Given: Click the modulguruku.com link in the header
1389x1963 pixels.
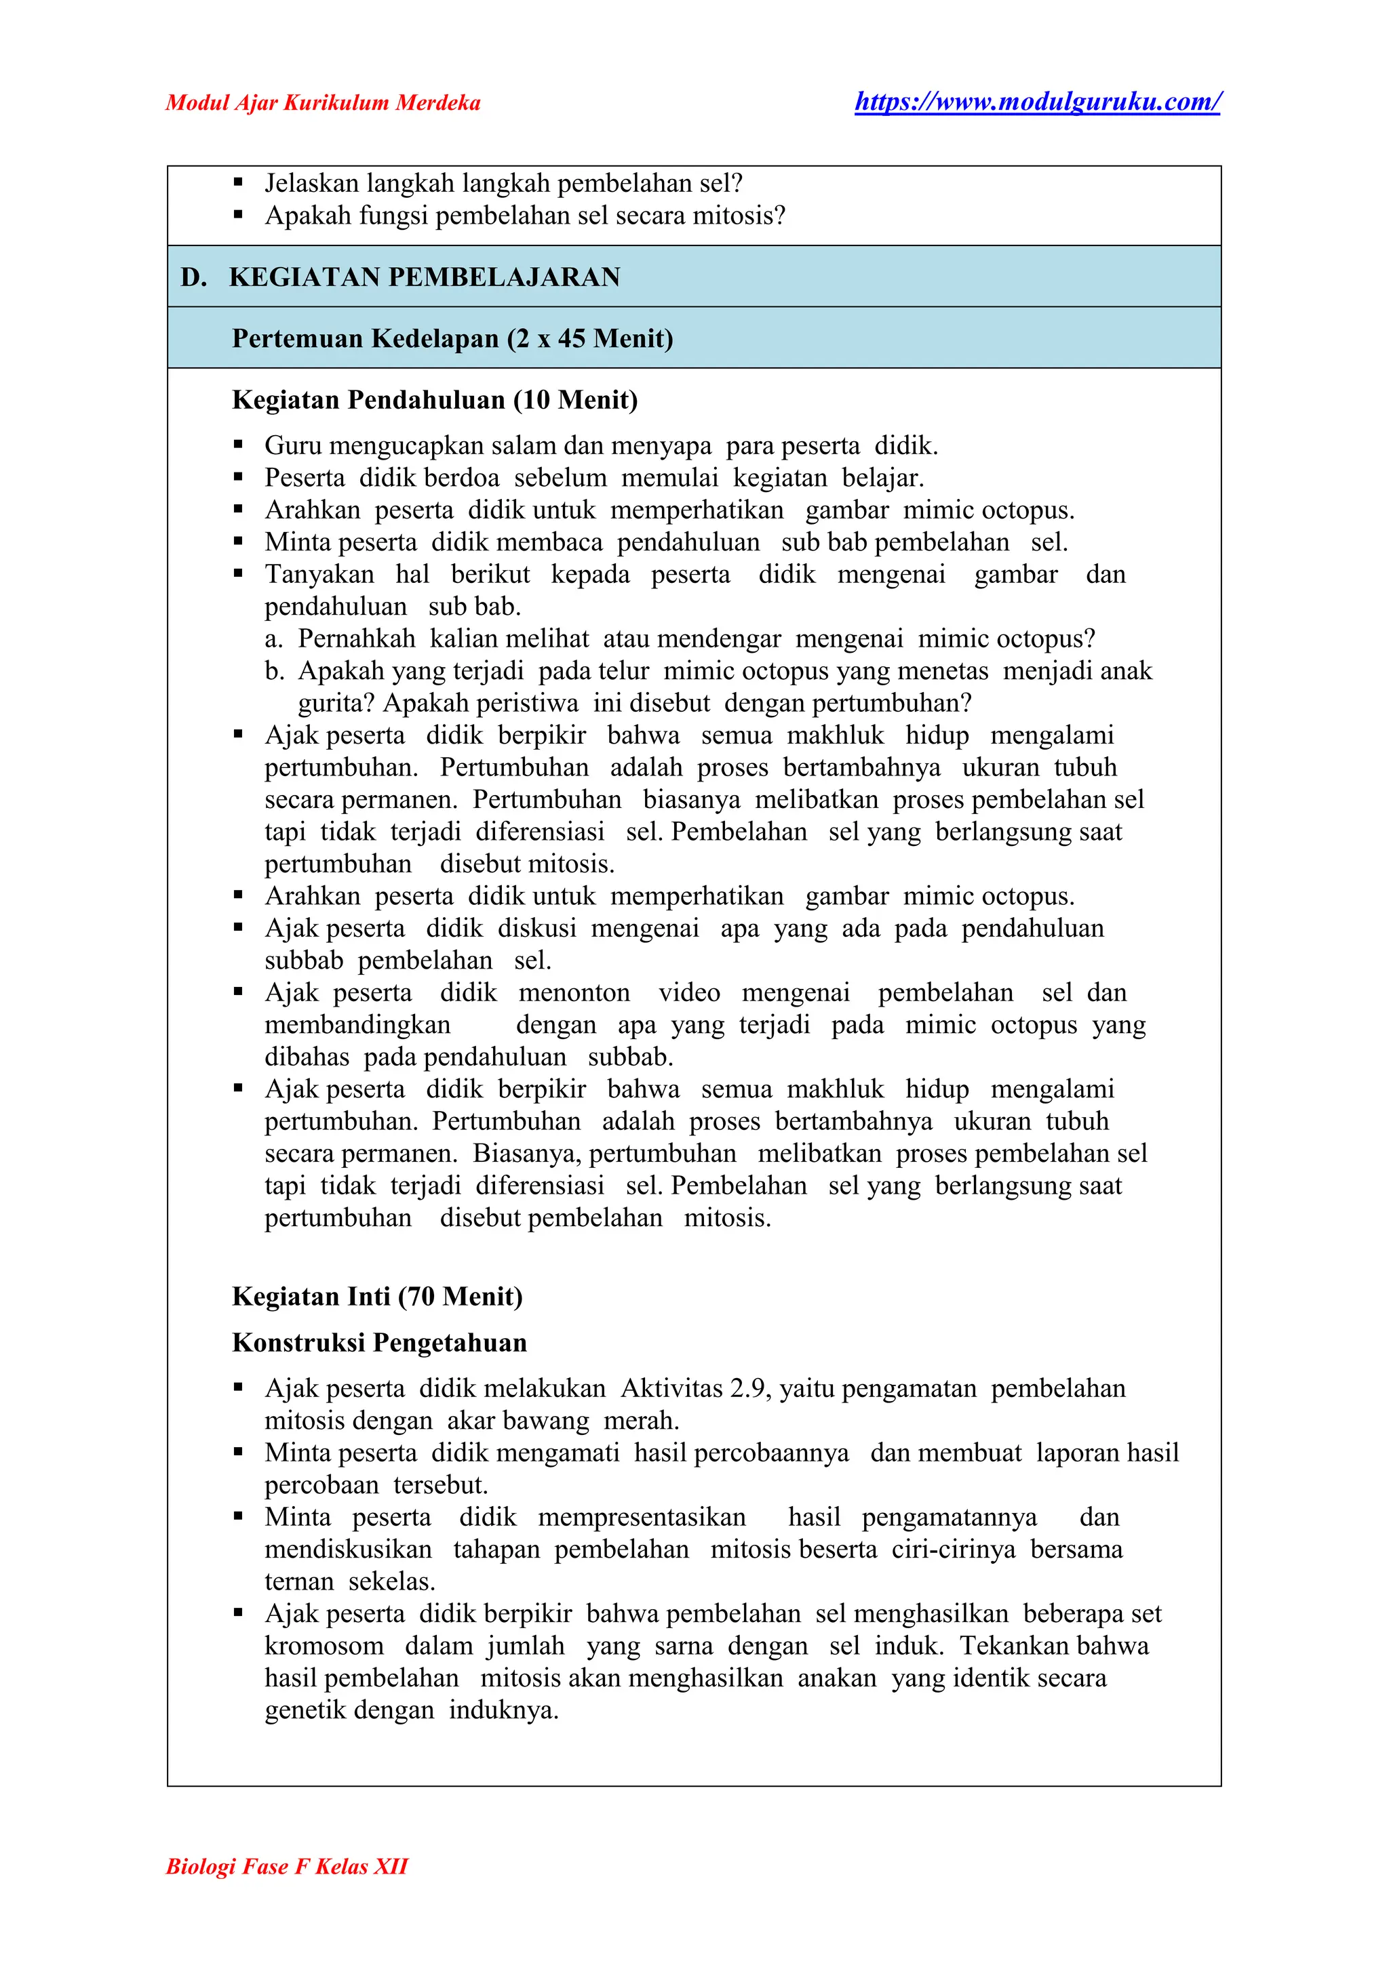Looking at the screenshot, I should pyautogui.click(x=1038, y=102).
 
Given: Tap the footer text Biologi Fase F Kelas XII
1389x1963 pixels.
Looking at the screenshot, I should pyautogui.click(x=286, y=1865).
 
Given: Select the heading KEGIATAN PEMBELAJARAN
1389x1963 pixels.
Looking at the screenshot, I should pyautogui.click(x=424, y=277).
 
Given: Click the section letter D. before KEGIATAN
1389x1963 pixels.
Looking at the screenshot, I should pyautogui.click(x=193, y=277).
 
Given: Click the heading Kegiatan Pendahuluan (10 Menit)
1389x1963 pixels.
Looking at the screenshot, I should pyautogui.click(x=435, y=399).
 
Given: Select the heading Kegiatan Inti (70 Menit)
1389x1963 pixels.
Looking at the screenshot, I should pyautogui.click(x=377, y=1296).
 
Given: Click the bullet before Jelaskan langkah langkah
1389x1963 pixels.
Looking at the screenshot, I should pyautogui.click(x=239, y=183).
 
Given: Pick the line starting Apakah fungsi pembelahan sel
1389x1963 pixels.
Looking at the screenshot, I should pyautogui.click(x=524, y=216).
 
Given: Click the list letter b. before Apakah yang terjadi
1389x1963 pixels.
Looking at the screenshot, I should pyautogui.click(x=274, y=671).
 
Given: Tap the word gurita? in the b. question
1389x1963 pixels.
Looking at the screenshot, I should pyautogui.click(x=336, y=704).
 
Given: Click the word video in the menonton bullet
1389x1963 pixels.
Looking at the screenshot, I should pyautogui.click(x=689, y=992).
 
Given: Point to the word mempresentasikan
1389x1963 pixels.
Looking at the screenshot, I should pyautogui.click(x=642, y=1517).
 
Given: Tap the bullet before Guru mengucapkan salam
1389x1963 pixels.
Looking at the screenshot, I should pyautogui.click(x=239, y=445).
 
